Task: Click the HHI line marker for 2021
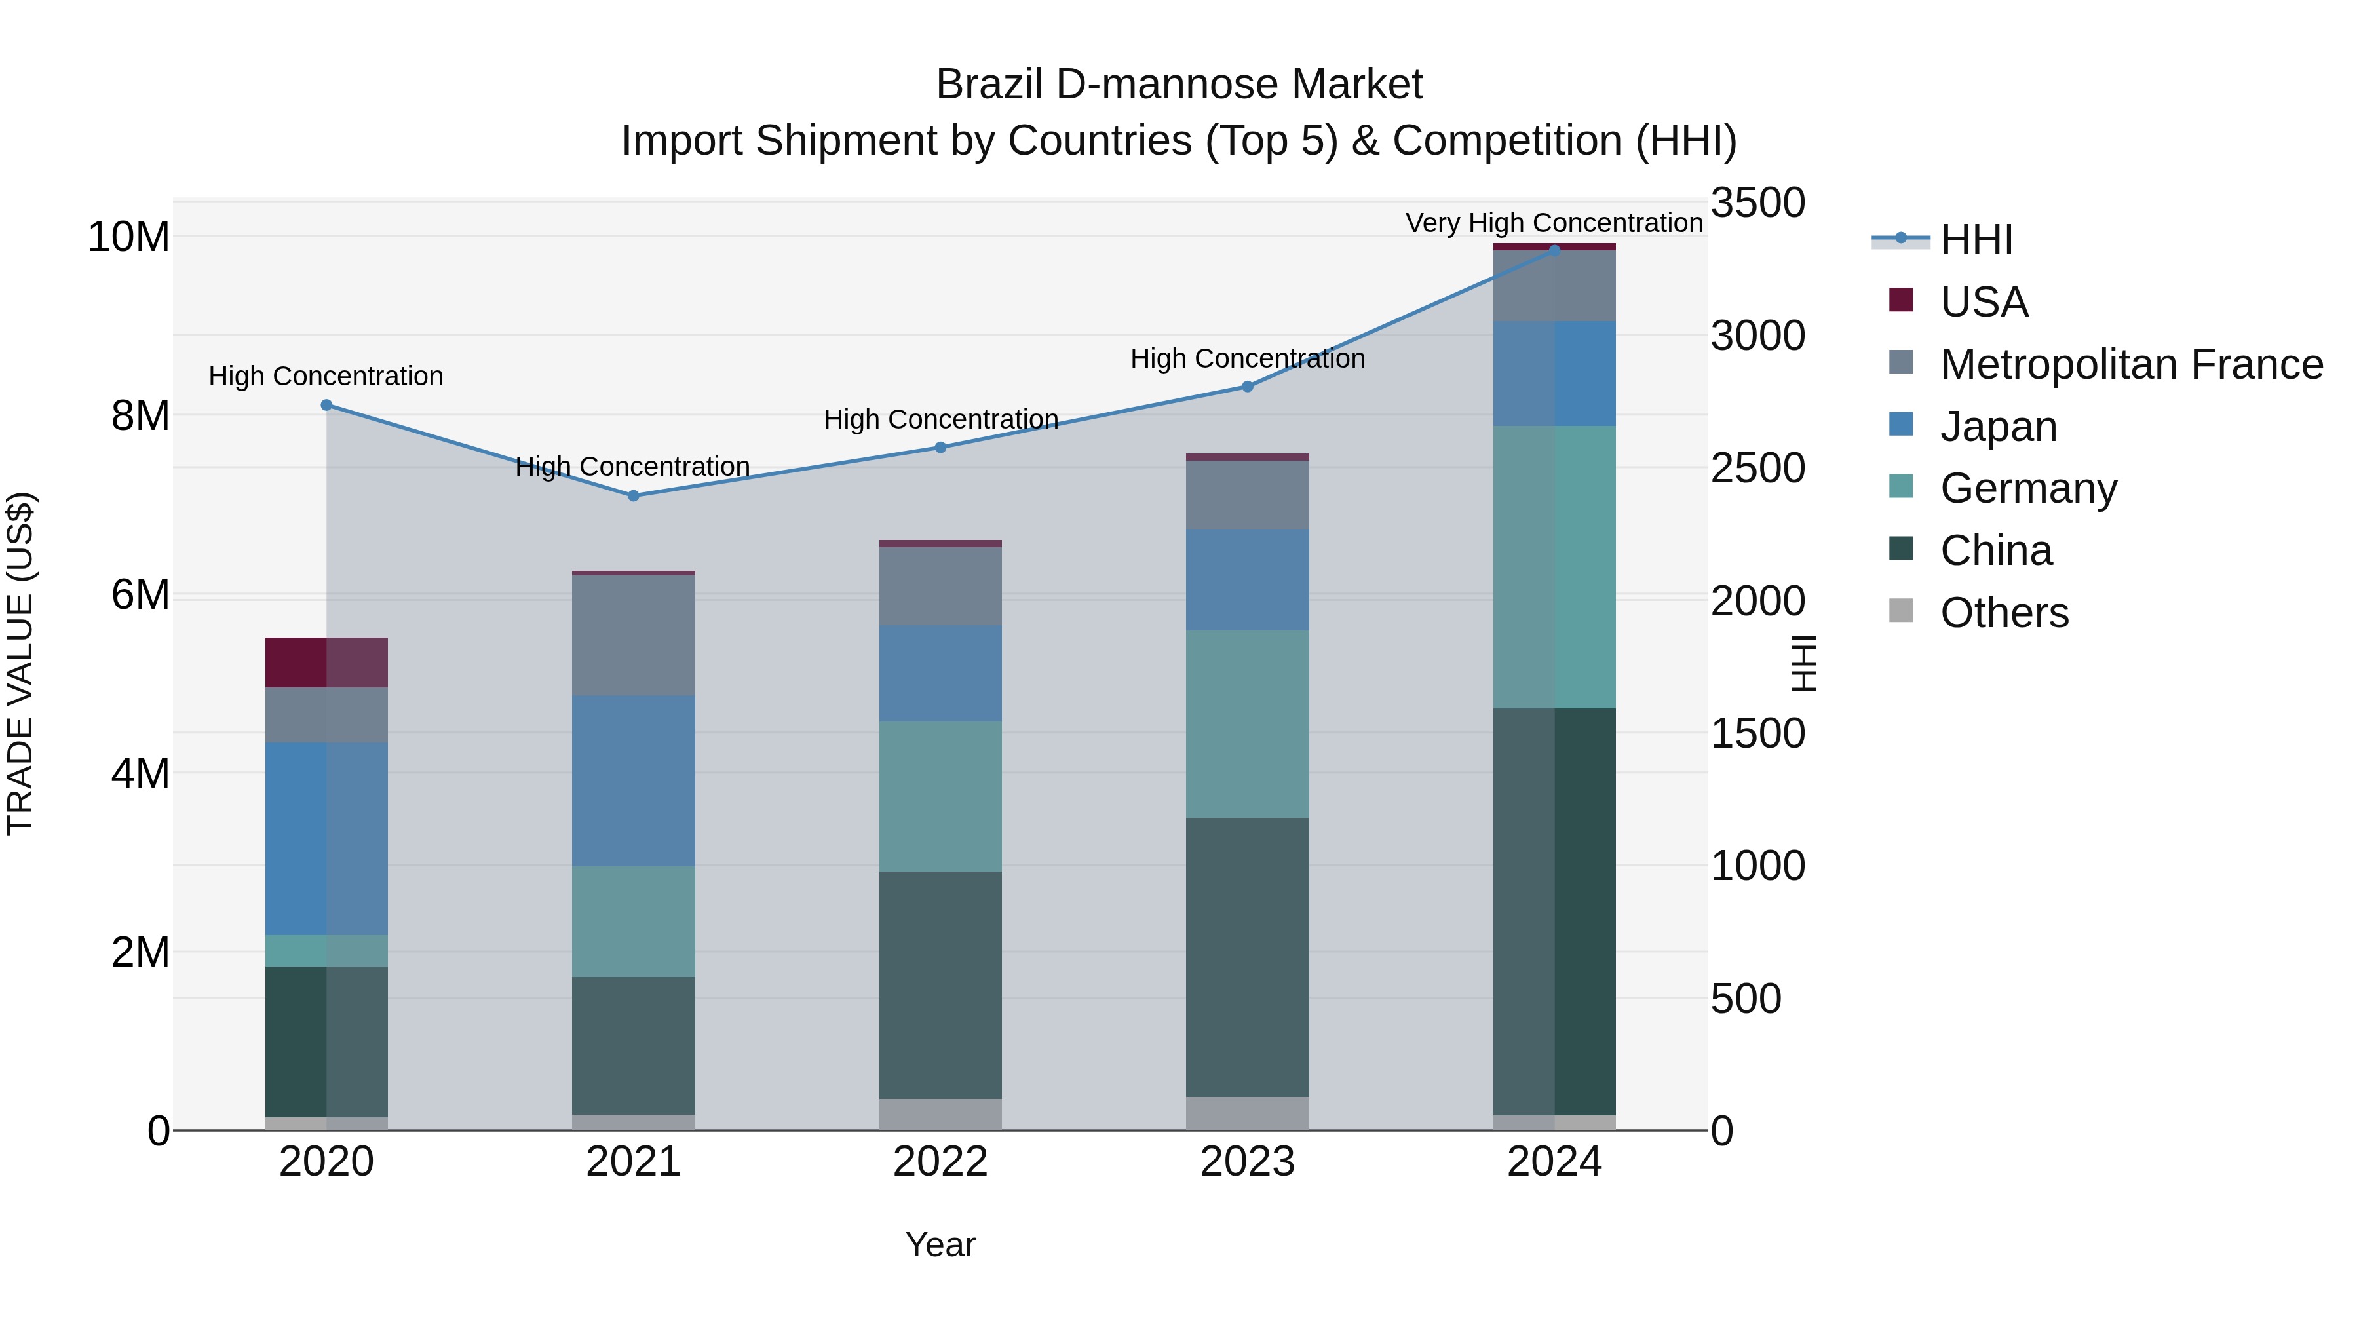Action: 633,495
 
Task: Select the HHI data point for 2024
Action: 1554,250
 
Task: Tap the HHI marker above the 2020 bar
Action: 326,405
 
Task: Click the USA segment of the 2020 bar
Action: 326,662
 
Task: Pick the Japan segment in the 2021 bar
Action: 633,780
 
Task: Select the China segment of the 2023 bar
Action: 1247,956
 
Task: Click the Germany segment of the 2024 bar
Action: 1554,566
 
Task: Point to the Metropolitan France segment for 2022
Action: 940,586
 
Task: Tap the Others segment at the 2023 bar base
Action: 1247,1113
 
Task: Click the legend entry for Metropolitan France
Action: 2131,364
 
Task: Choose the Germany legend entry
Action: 2028,488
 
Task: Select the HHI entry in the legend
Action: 1976,240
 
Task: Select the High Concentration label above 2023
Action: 1247,358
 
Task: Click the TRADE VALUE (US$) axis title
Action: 21,663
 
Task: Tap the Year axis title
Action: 940,1244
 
